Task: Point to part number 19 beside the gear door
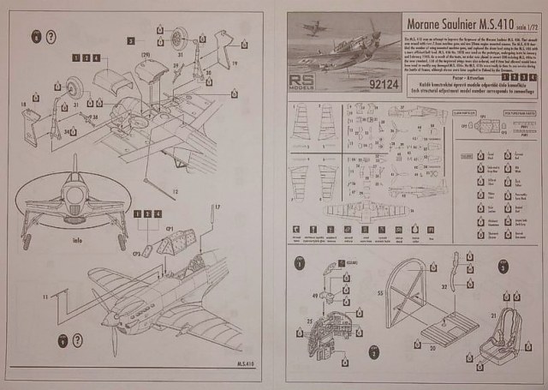[232, 62]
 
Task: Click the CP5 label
[137, 254]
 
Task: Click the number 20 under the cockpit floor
[432, 349]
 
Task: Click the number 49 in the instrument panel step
[315, 296]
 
